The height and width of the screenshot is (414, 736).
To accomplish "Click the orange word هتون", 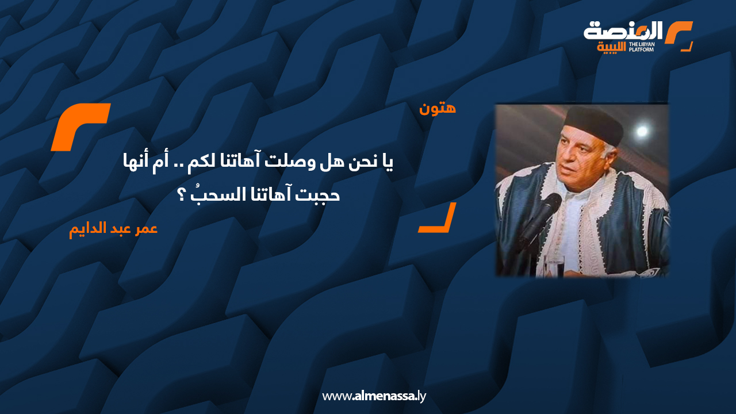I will point(438,108).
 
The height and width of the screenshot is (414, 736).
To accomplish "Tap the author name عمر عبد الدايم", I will point(113,228).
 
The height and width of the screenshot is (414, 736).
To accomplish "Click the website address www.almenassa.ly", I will point(374,396).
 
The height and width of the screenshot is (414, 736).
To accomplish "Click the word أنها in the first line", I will point(129,163).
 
